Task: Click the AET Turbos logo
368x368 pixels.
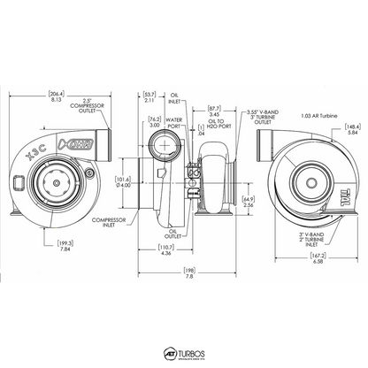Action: click(184, 352)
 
